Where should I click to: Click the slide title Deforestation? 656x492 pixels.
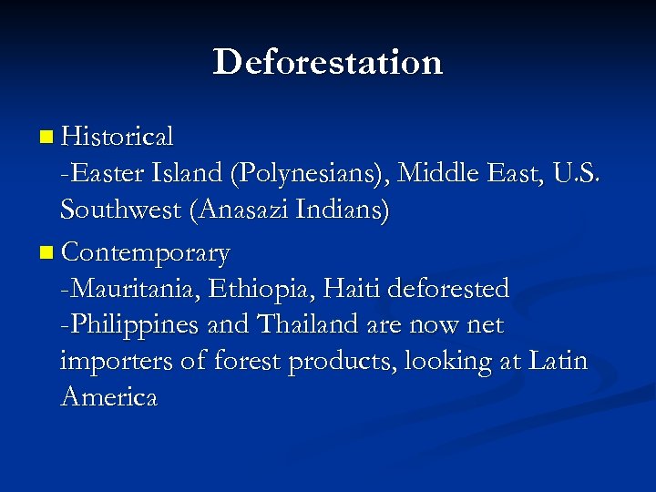point(328,62)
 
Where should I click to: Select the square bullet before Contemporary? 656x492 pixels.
point(46,251)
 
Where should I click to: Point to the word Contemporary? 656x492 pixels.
point(146,251)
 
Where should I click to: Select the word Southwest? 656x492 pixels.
point(122,211)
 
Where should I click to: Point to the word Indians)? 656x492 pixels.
point(347,211)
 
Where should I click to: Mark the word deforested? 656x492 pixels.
point(448,289)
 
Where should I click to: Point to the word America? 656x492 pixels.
point(108,398)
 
